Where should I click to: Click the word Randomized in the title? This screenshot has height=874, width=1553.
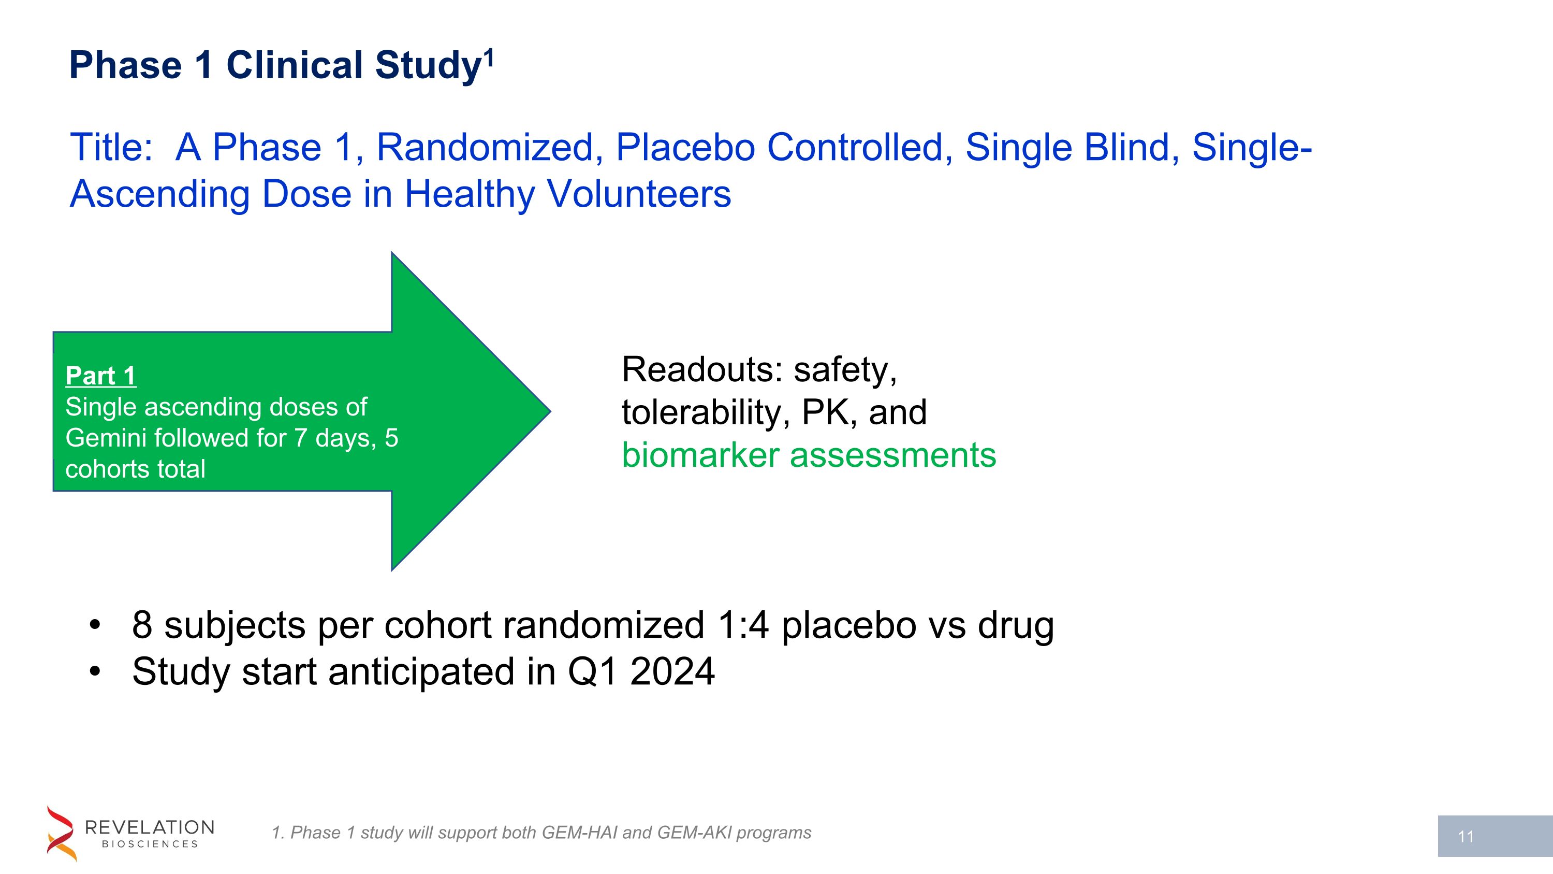tap(486, 147)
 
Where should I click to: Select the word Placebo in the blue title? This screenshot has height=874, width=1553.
tap(685, 147)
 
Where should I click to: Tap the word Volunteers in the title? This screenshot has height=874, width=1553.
tap(638, 194)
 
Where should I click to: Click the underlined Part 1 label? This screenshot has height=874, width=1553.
tap(100, 376)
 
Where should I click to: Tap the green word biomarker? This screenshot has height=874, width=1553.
tap(700, 455)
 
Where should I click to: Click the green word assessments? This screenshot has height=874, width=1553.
tap(893, 455)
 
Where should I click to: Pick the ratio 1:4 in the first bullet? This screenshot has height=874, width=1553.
tap(743, 625)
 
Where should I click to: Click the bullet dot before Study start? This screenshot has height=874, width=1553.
tap(95, 672)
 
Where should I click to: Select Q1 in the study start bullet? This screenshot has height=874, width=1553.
tap(592, 672)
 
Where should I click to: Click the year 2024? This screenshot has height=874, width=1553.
tap(672, 672)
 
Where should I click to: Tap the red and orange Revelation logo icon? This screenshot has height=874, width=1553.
tap(62, 833)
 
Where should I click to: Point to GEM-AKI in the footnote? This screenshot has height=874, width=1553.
tap(694, 833)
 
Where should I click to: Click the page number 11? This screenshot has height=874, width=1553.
tap(1466, 837)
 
